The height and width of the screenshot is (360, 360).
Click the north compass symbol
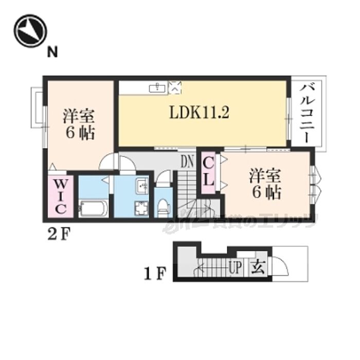click(30, 31)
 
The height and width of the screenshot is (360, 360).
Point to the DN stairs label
click(187, 162)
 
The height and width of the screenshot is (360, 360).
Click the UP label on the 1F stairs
click(236, 267)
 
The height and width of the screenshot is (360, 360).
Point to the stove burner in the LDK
click(175, 87)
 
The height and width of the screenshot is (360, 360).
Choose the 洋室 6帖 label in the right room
click(265, 184)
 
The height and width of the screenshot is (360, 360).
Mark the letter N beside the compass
click(52, 52)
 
